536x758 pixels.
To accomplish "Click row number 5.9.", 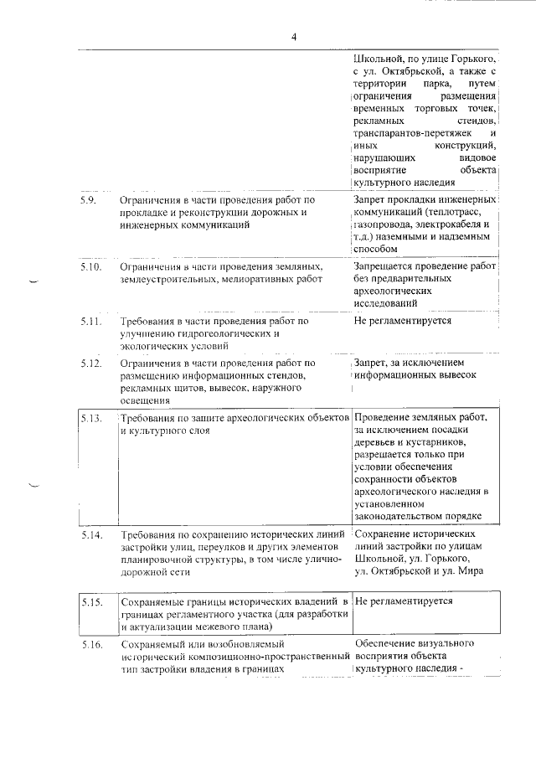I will click(x=89, y=201).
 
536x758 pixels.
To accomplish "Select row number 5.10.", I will click(x=91, y=266).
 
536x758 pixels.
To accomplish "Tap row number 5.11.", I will click(x=91, y=321).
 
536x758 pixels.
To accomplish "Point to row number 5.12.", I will click(x=91, y=364).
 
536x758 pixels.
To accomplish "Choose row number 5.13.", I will click(x=91, y=417).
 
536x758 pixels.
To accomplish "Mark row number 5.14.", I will click(x=91, y=534).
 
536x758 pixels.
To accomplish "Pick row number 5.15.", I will click(x=91, y=601).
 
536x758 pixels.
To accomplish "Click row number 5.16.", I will click(x=91, y=645).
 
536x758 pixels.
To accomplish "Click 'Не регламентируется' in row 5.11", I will click(x=402, y=321).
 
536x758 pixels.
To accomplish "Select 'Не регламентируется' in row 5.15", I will click(x=404, y=601).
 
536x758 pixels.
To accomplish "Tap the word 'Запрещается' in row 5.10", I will click(x=384, y=266).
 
